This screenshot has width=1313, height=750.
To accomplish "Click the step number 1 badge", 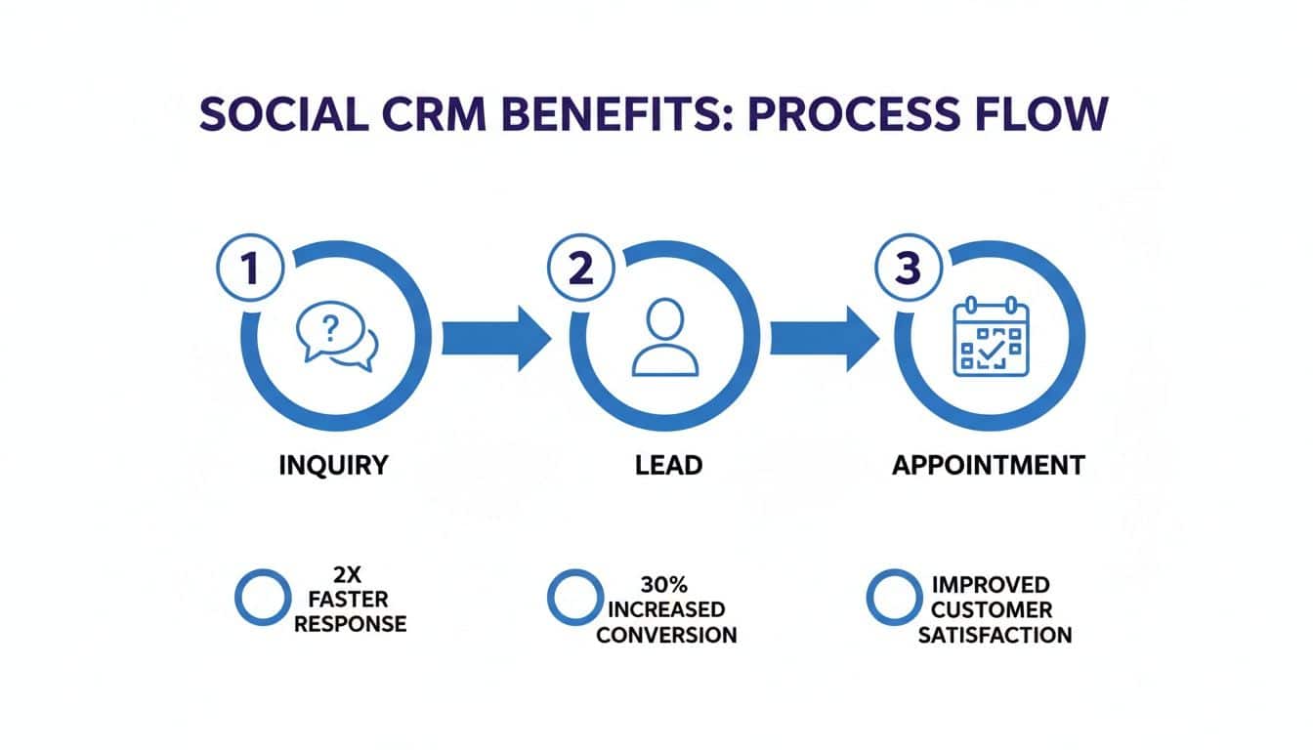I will click(x=251, y=268).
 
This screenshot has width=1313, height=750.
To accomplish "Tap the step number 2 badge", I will click(x=580, y=268).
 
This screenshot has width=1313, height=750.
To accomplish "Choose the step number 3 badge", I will click(x=909, y=268).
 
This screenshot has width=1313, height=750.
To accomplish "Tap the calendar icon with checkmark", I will click(x=992, y=337).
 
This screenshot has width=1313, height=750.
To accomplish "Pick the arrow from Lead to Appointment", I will click(x=825, y=338).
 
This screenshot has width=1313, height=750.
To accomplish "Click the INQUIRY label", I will click(x=333, y=465).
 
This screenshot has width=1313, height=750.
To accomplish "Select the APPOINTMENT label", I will click(x=989, y=465).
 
